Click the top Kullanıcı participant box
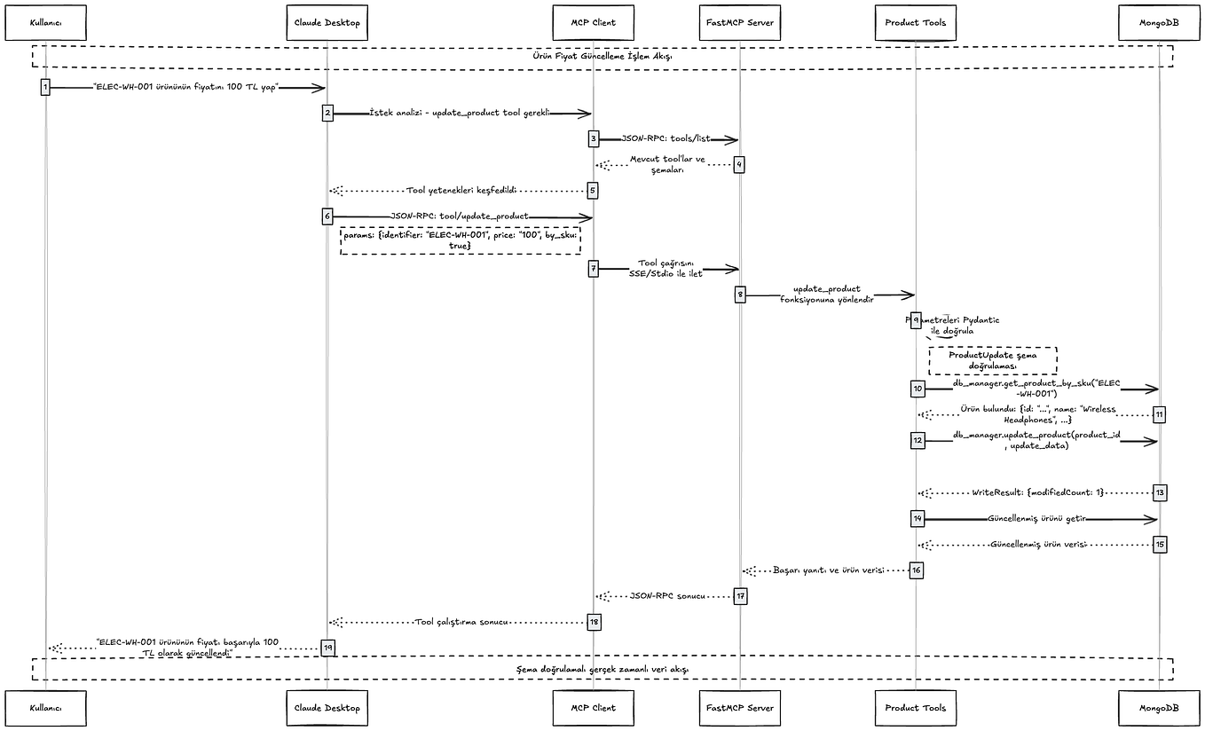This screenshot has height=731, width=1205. coord(45,22)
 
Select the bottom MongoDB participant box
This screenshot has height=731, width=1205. coord(1158,707)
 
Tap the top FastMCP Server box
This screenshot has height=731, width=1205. coord(738,22)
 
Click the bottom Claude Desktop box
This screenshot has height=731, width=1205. coord(327,707)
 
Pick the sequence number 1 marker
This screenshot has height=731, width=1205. coord(45,87)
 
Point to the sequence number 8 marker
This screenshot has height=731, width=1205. coord(739,295)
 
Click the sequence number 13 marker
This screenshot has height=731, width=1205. coord(1159,491)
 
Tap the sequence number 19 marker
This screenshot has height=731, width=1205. coord(327,648)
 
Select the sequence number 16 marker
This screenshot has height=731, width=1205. coord(917,570)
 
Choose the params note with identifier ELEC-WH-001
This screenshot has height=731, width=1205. coord(460,240)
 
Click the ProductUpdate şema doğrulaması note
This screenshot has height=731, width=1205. coord(992,359)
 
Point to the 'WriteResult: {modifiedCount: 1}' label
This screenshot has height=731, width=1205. coord(1036,491)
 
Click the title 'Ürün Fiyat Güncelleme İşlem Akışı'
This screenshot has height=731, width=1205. coord(602,56)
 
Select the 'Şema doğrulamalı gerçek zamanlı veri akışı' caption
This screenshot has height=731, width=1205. coord(602,669)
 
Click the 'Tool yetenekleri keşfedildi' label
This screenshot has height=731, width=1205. coord(461,190)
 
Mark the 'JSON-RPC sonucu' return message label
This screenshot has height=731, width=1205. coord(666,596)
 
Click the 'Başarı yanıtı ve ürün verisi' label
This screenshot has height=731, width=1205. coord(828,570)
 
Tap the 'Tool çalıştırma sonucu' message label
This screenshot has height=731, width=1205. coord(461,622)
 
